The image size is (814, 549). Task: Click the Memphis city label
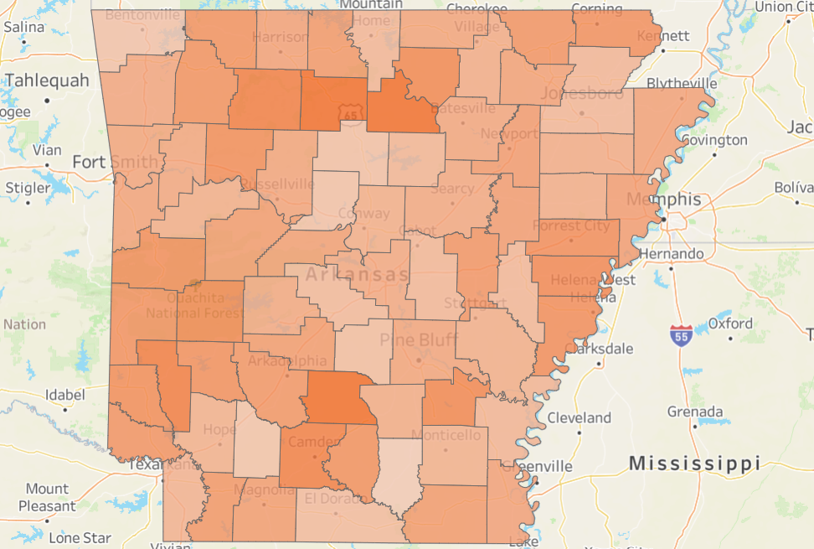click(664, 200)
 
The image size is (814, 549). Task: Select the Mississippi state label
click(694, 464)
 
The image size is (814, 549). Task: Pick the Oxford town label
click(730, 323)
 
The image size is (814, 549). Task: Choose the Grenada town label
click(694, 412)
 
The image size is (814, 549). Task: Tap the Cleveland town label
click(580, 417)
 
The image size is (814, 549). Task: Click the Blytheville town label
click(682, 84)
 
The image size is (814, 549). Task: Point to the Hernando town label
click(671, 253)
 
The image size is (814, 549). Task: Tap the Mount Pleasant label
click(47, 497)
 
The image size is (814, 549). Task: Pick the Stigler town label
click(28, 188)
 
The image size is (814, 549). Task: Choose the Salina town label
click(25, 27)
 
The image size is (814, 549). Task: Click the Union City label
click(784, 7)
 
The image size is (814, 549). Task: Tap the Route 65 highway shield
click(350, 112)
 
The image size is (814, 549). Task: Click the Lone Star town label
click(80, 538)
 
